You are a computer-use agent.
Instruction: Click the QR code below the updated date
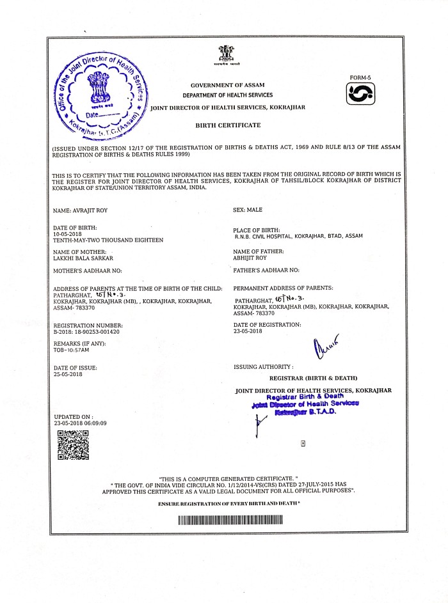[73, 445]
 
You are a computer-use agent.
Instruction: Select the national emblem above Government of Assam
[227, 56]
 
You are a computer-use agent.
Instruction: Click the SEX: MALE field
[248, 210]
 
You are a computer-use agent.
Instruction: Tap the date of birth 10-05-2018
[68, 234]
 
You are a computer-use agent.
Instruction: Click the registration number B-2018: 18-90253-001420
[86, 332]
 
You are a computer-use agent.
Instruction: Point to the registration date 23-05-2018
[248, 331]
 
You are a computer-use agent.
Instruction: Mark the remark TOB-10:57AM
[72, 350]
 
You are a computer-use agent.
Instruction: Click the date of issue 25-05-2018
[68, 374]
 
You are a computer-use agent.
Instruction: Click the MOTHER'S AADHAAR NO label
[86, 271]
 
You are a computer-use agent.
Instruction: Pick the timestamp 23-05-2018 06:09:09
[80, 423]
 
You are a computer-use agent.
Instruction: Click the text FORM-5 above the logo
[360, 77]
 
